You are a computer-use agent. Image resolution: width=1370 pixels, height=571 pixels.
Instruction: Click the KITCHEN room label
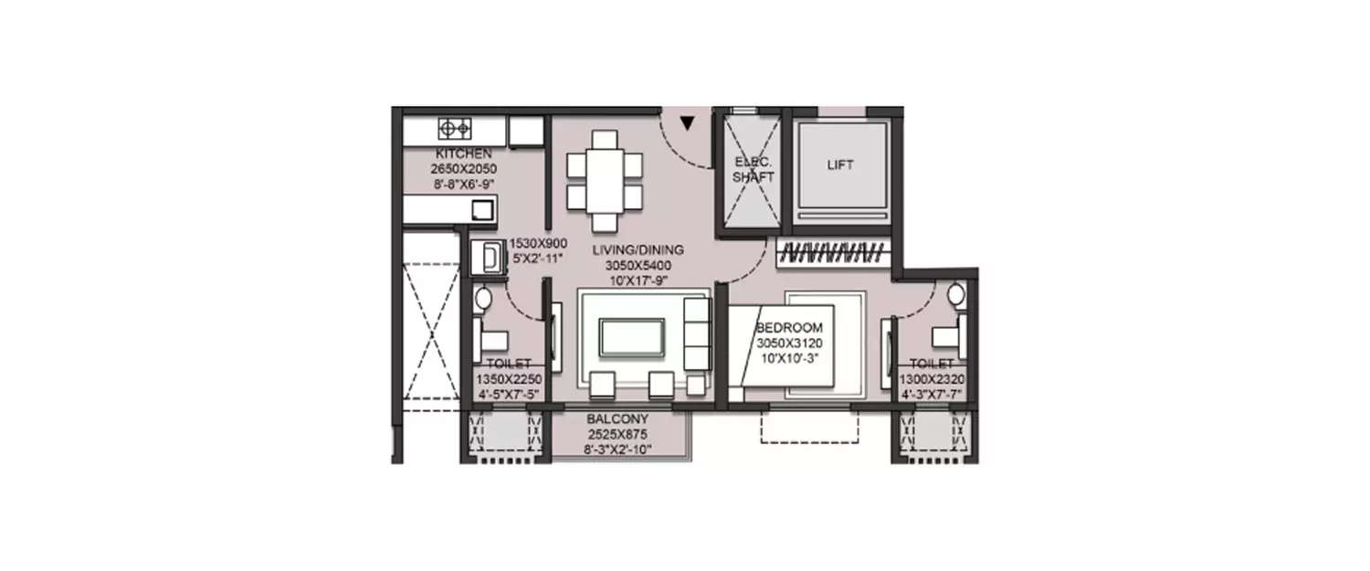tap(464, 153)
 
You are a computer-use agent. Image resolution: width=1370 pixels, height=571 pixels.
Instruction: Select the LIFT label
tap(840, 165)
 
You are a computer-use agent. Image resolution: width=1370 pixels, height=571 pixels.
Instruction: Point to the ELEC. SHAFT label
tap(753, 170)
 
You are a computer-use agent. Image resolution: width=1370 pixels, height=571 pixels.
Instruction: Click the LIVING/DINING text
tap(638, 250)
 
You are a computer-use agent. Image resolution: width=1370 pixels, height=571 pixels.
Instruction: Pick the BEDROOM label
tap(789, 328)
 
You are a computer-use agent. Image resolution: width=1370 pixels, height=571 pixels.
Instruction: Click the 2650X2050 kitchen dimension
tap(464, 169)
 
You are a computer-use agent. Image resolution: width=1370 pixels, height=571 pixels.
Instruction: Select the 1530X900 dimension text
tap(538, 243)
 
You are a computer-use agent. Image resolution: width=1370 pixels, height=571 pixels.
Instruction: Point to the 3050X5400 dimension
tap(638, 266)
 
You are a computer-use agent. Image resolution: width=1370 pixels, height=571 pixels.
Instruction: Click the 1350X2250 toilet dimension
tap(509, 379)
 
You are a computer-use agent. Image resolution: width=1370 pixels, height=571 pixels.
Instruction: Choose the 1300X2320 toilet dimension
tap(932, 379)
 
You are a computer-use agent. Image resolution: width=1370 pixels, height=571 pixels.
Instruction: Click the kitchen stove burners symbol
tap(454, 128)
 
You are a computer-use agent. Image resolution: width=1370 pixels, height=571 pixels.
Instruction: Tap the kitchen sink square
tap(482, 210)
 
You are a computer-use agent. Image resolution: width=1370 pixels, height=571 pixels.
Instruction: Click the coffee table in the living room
tap(631, 336)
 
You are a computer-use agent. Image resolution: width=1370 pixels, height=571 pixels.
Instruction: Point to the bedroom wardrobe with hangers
tap(832, 253)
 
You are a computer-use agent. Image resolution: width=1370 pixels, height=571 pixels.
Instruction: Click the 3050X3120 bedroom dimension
tap(789, 343)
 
